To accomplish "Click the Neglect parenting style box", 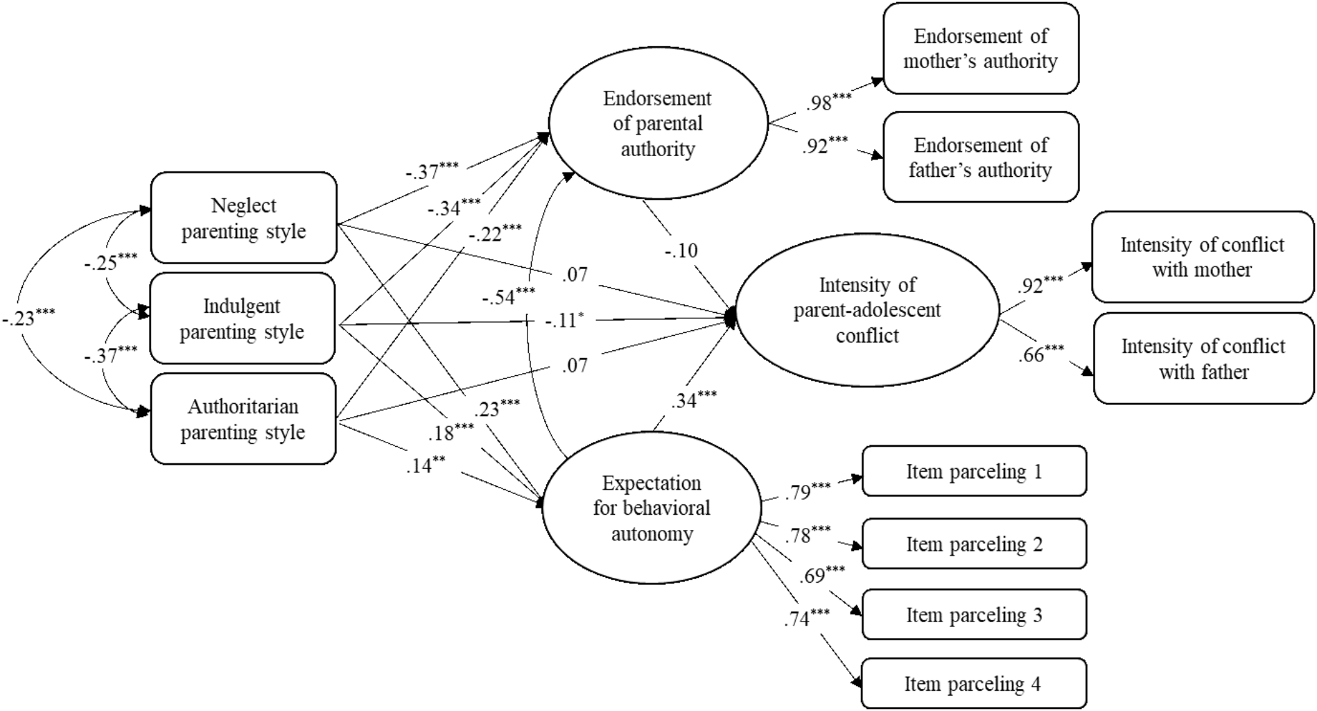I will click(243, 218).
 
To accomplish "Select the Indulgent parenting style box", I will click(242, 318).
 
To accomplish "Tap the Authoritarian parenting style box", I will click(243, 419).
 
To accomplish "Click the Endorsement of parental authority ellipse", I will click(658, 123).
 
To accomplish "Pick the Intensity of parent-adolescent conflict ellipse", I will click(866, 310).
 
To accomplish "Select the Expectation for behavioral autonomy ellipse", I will click(652, 508).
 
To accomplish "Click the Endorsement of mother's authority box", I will click(980, 49).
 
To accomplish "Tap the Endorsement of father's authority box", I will click(980, 157).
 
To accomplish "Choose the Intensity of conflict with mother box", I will click(1202, 257).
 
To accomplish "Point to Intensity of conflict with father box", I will click(1203, 359).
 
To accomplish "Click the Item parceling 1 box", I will click(974, 472).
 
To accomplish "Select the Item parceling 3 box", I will click(974, 615).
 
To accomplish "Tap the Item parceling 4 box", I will click(973, 684).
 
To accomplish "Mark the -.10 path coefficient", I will click(681, 250).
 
